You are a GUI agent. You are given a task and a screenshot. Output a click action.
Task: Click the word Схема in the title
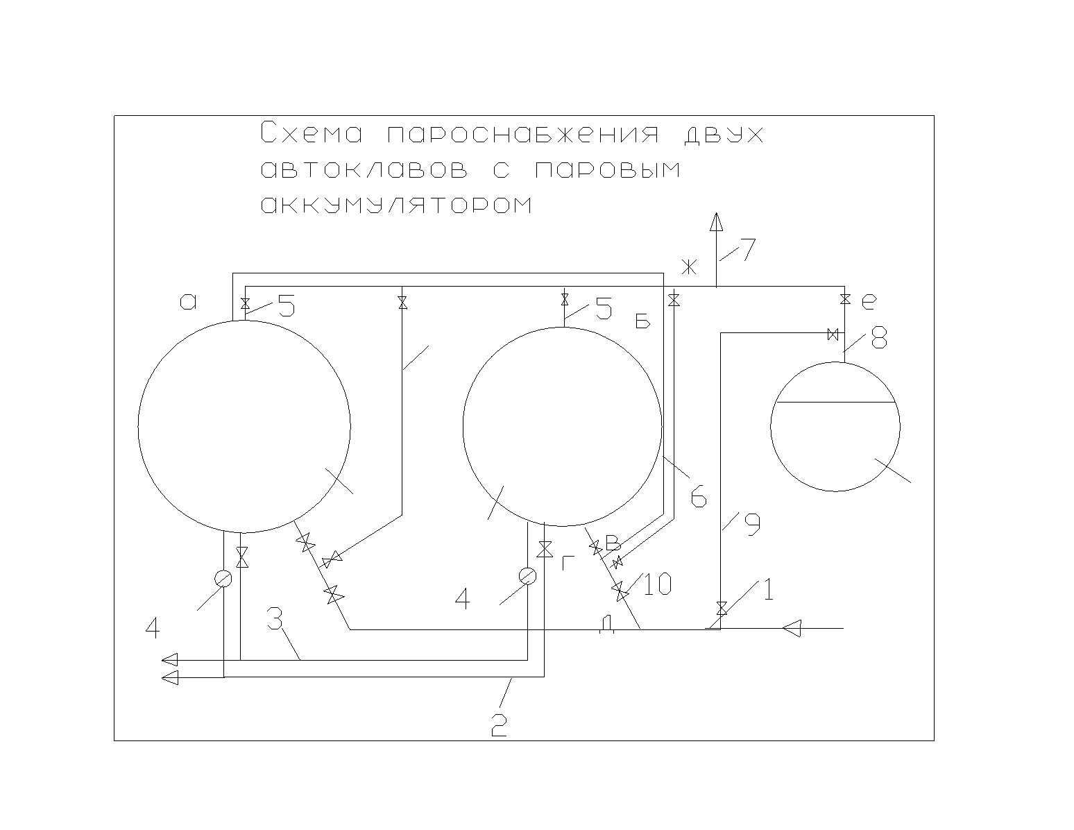coord(312,133)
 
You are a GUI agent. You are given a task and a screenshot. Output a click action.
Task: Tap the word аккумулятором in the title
coord(396,205)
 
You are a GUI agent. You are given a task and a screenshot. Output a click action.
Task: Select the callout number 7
coord(748,249)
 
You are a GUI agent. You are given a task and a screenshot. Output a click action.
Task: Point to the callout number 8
coord(879,338)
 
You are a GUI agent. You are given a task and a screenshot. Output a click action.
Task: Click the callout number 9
coord(752,525)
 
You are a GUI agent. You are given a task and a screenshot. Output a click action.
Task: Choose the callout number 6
coord(699,496)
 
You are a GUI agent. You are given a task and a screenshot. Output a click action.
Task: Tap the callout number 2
coord(500,725)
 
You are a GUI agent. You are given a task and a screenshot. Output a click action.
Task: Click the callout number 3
coord(275,618)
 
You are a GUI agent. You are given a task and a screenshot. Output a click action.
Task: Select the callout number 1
coord(768,590)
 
